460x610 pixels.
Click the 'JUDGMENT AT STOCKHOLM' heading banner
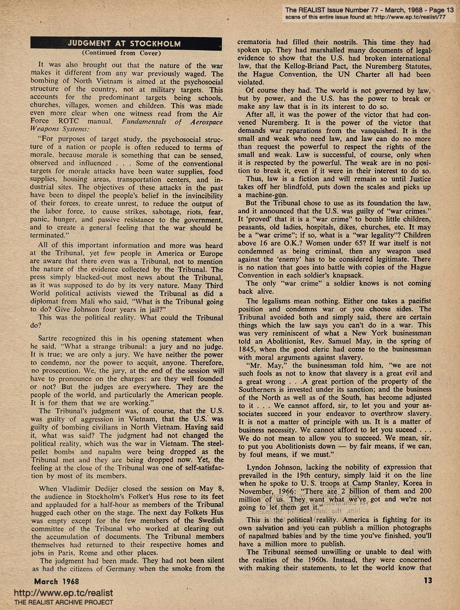coord(126,43)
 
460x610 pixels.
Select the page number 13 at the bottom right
coord(427,581)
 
